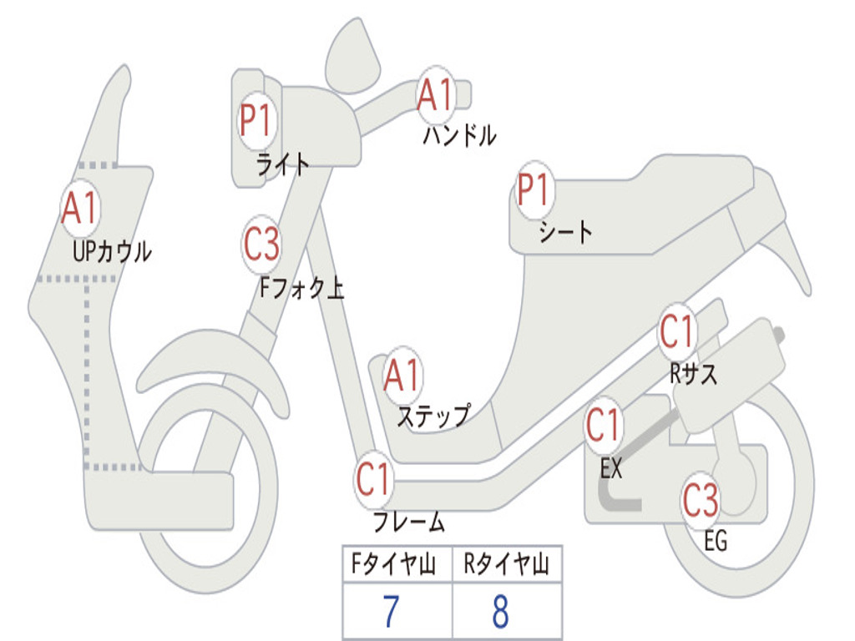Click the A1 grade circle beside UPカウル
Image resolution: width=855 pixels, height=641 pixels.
click(80, 209)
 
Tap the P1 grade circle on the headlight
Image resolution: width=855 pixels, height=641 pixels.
click(256, 122)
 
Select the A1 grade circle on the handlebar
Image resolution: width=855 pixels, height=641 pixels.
click(435, 94)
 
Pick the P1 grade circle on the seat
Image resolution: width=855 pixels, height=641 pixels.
click(534, 191)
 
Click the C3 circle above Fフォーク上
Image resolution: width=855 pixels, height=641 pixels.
click(261, 245)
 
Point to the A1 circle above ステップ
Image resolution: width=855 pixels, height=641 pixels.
click(402, 377)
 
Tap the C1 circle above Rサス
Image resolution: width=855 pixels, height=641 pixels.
click(677, 333)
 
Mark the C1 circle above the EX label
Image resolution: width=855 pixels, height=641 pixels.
click(603, 426)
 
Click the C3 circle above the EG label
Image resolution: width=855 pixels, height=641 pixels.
click(701, 500)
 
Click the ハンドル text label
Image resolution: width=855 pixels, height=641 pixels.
click(459, 135)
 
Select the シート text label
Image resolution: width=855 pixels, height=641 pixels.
click(565, 231)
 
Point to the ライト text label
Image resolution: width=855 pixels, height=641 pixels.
click(282, 164)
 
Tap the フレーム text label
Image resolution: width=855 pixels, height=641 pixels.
click(408, 522)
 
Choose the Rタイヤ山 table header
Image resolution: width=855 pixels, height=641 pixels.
click(507, 565)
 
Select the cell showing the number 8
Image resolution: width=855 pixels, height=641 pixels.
click(501, 612)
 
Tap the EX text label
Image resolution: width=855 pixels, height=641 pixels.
click(611, 469)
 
